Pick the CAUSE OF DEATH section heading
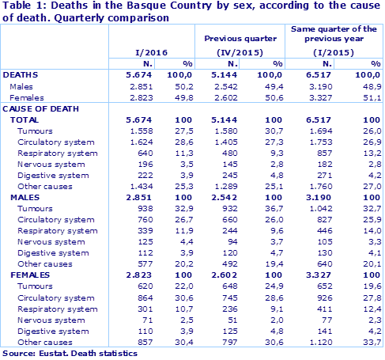pos(38,107)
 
